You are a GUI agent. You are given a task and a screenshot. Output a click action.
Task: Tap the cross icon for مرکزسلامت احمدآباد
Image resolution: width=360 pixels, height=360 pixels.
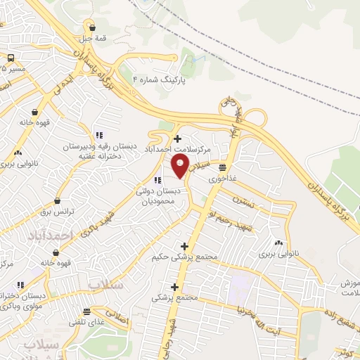(x=177, y=139)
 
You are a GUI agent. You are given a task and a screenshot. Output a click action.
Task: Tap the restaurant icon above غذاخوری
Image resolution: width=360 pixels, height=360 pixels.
(x=222, y=167)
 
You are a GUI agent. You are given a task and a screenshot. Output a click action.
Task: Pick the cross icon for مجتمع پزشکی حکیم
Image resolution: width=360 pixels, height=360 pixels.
(x=185, y=246)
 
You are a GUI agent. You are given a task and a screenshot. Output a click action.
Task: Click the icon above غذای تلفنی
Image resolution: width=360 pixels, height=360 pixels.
(x=87, y=311)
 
